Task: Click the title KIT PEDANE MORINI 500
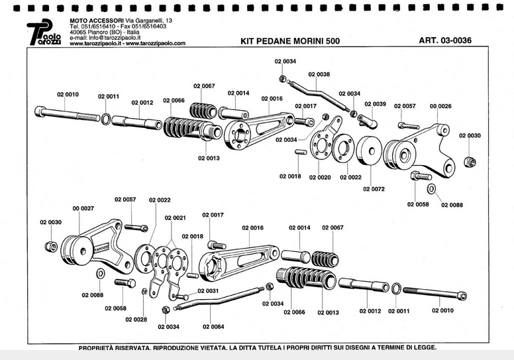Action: point(290,41)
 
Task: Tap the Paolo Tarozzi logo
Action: point(44,34)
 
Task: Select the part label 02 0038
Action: point(319,74)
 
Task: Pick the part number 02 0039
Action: point(374,104)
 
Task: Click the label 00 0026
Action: point(440,106)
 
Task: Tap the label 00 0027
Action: point(83,208)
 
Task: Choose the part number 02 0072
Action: point(374,189)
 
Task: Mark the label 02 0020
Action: point(319,177)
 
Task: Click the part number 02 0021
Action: point(176,217)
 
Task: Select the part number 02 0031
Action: point(207,291)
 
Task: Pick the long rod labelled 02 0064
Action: point(219,302)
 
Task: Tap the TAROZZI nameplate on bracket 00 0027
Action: point(101,247)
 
